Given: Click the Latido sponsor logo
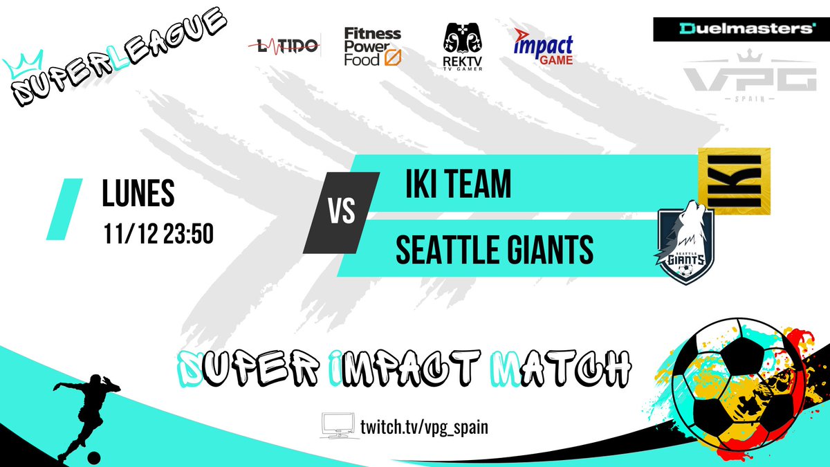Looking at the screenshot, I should point(284,46).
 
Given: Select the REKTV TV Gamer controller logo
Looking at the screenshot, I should point(462,46).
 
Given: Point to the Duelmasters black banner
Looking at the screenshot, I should point(735,29).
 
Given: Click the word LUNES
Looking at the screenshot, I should point(138,195).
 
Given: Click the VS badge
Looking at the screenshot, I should point(342,212).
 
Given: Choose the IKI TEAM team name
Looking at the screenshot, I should point(458,184).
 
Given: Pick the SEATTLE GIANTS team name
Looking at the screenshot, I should point(494,250).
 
